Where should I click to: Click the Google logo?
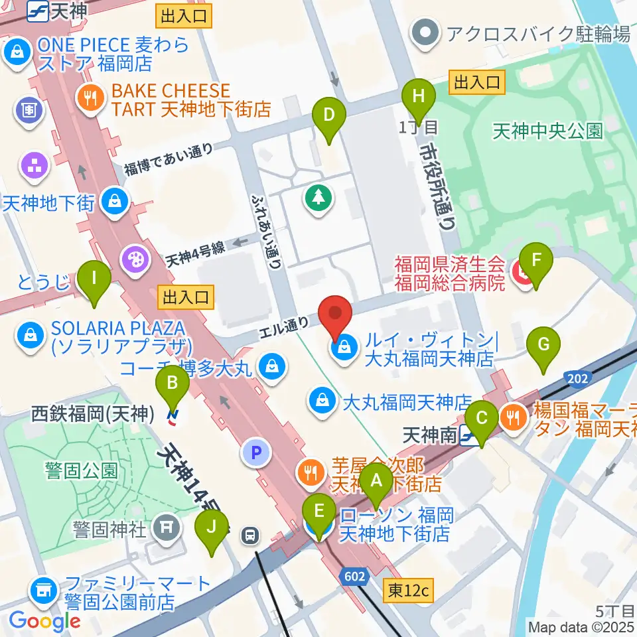pyautogui.click(x=44, y=621)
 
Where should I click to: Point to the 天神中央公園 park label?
pyautogui.click(x=547, y=131)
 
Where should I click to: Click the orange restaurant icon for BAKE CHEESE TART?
pyautogui.click(x=88, y=100)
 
